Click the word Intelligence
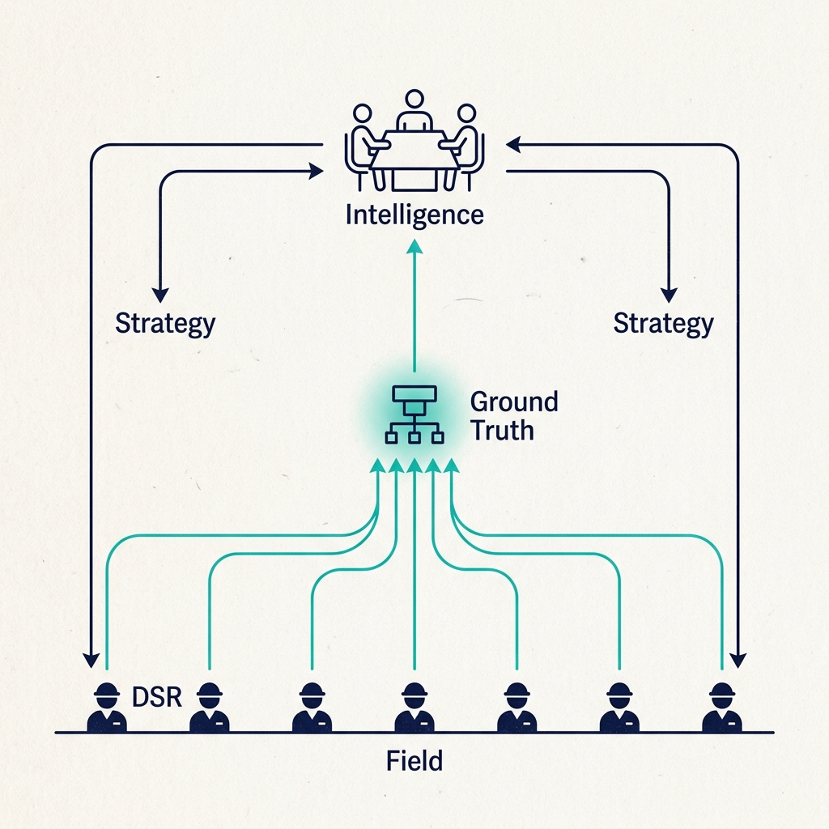414,215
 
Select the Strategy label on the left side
165,323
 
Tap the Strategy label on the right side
663,323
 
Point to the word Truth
502,430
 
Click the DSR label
155,696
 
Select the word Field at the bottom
414,761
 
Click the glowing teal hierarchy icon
414,414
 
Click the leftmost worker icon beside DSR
106,708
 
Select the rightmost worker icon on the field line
721,708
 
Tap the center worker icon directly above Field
414,708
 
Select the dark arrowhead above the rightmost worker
737,660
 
